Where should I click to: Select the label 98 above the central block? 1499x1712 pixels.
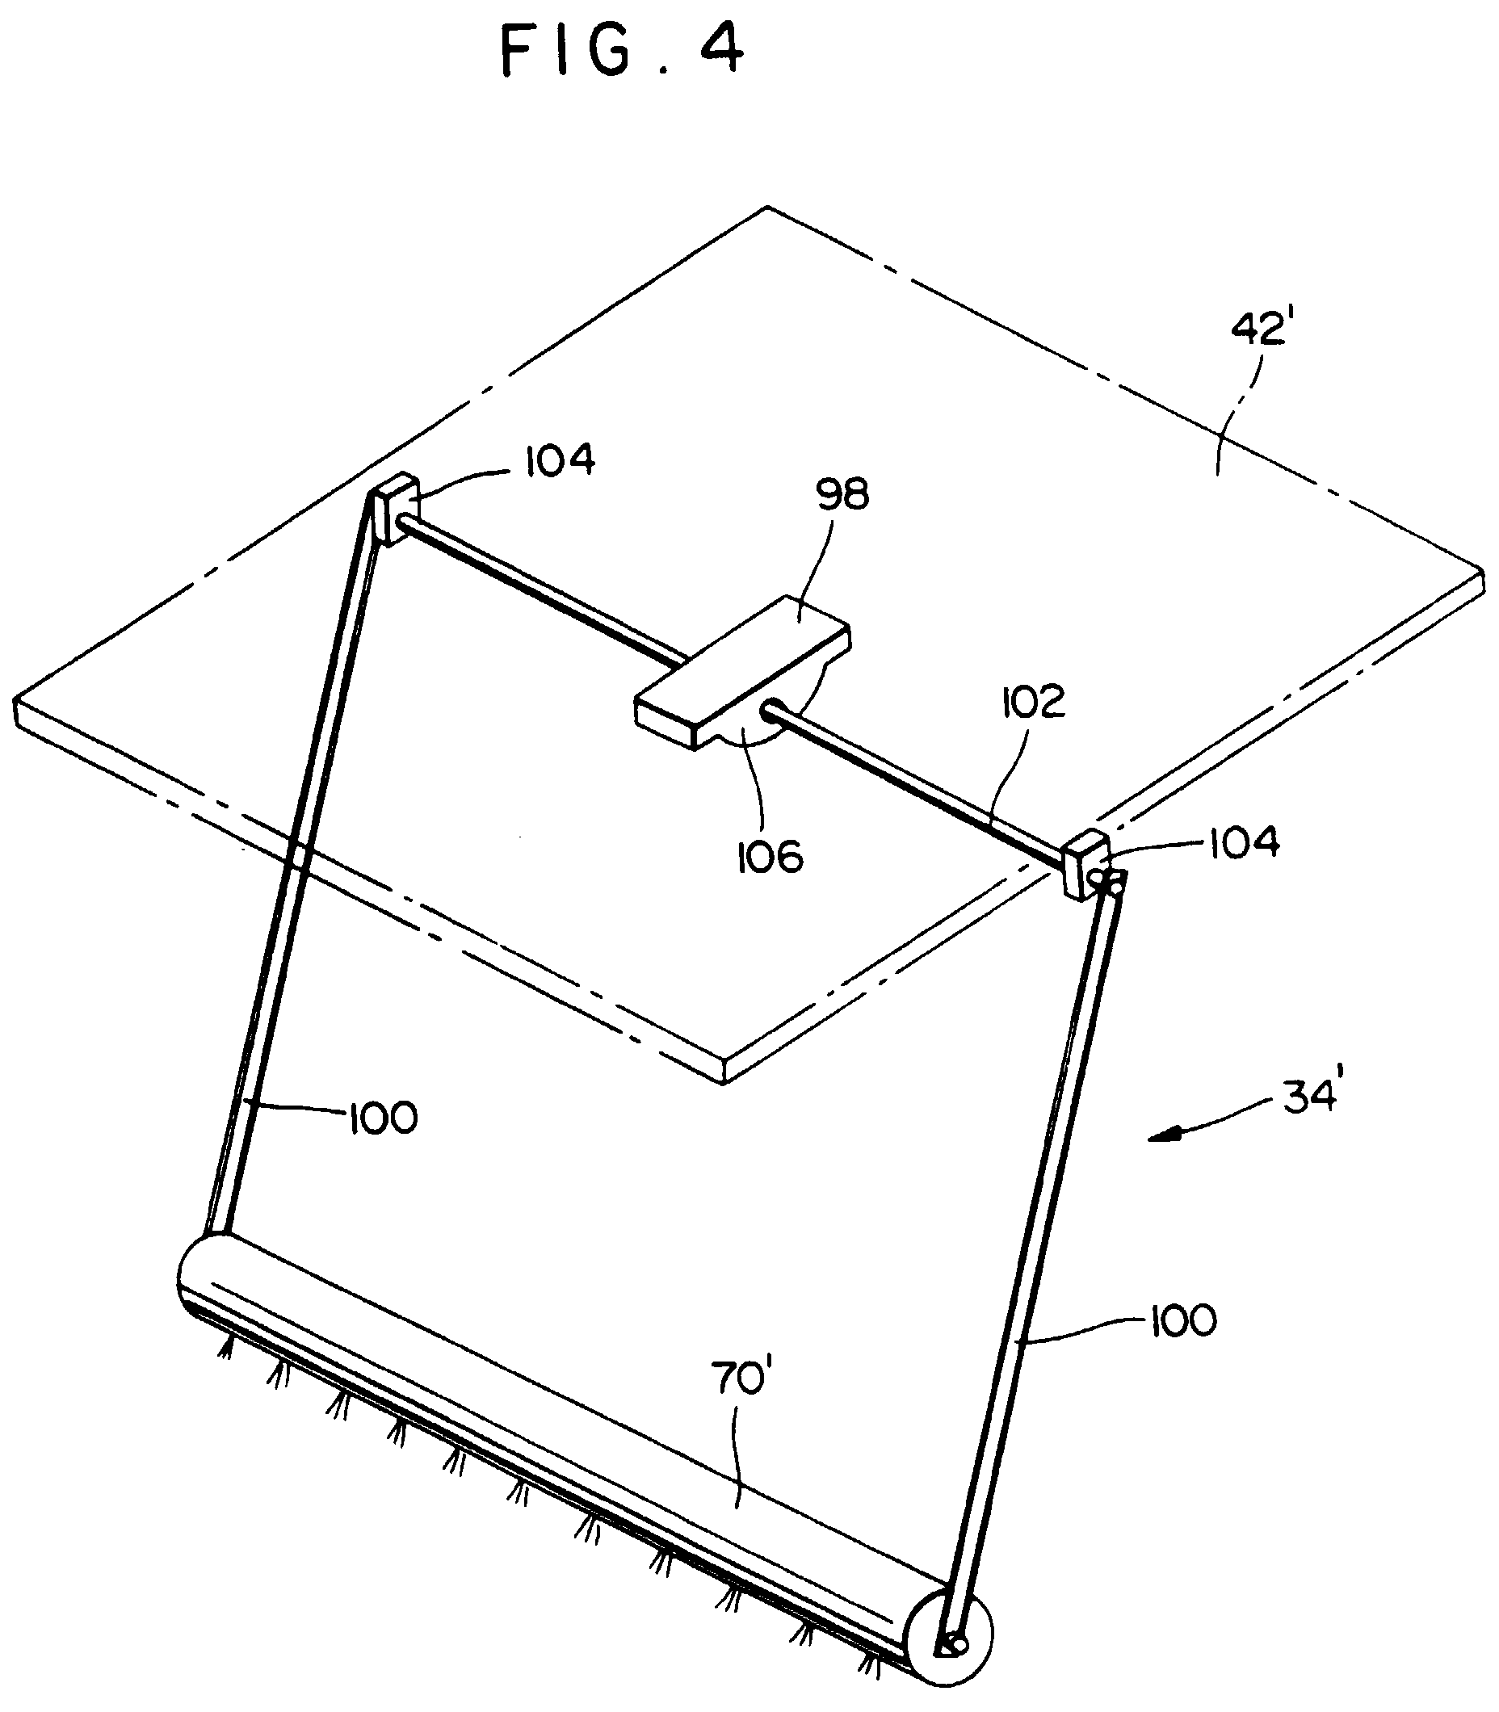(842, 494)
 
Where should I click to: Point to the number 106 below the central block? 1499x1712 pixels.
(770, 857)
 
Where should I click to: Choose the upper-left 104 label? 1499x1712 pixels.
(560, 460)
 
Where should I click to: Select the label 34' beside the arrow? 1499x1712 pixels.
(1311, 1094)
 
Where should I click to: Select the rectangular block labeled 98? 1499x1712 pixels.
(743, 672)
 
